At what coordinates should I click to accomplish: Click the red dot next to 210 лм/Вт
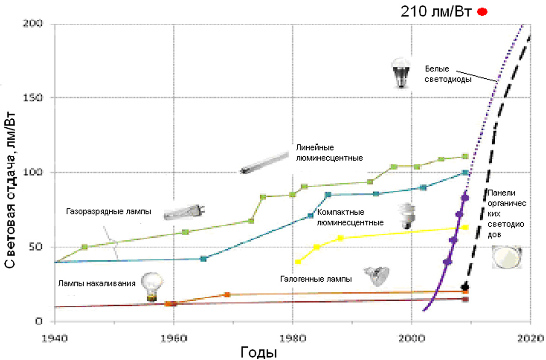point(483,12)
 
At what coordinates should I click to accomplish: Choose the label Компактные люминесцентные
point(350,217)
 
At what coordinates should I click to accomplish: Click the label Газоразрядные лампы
point(109,212)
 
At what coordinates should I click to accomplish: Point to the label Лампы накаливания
point(97,284)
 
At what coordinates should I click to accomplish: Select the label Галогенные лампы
point(316,279)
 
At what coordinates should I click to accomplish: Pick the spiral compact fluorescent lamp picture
point(407,216)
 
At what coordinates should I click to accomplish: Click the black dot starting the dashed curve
point(465,287)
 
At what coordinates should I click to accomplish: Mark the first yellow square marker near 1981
point(298,262)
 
